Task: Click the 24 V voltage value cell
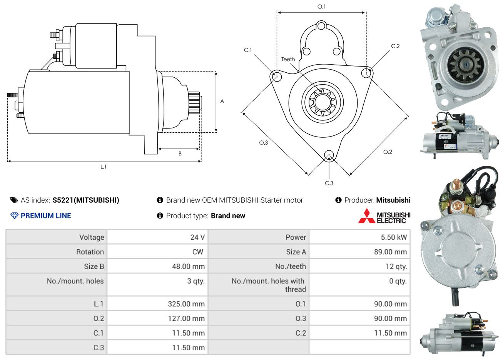pos(157,237)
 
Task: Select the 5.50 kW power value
pos(394,237)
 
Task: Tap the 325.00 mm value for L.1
pos(186,304)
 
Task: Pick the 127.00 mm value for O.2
pos(186,318)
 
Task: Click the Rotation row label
pos(90,252)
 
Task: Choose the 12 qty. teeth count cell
pos(359,267)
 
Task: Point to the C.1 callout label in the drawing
pos(248,50)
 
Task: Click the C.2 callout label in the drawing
pos(395,46)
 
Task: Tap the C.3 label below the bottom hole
pos(329,183)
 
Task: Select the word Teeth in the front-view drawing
pos(288,59)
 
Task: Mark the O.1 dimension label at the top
pos(321,7)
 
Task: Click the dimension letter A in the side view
pos(222,101)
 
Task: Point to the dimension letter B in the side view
pos(180,153)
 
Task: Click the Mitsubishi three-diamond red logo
pos(366,216)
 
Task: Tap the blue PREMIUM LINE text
pos(46,216)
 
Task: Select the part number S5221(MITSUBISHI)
pos(86,200)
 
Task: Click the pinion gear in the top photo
pos(465,65)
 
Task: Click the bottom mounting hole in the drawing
pos(329,155)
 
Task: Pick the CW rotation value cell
pos(157,252)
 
